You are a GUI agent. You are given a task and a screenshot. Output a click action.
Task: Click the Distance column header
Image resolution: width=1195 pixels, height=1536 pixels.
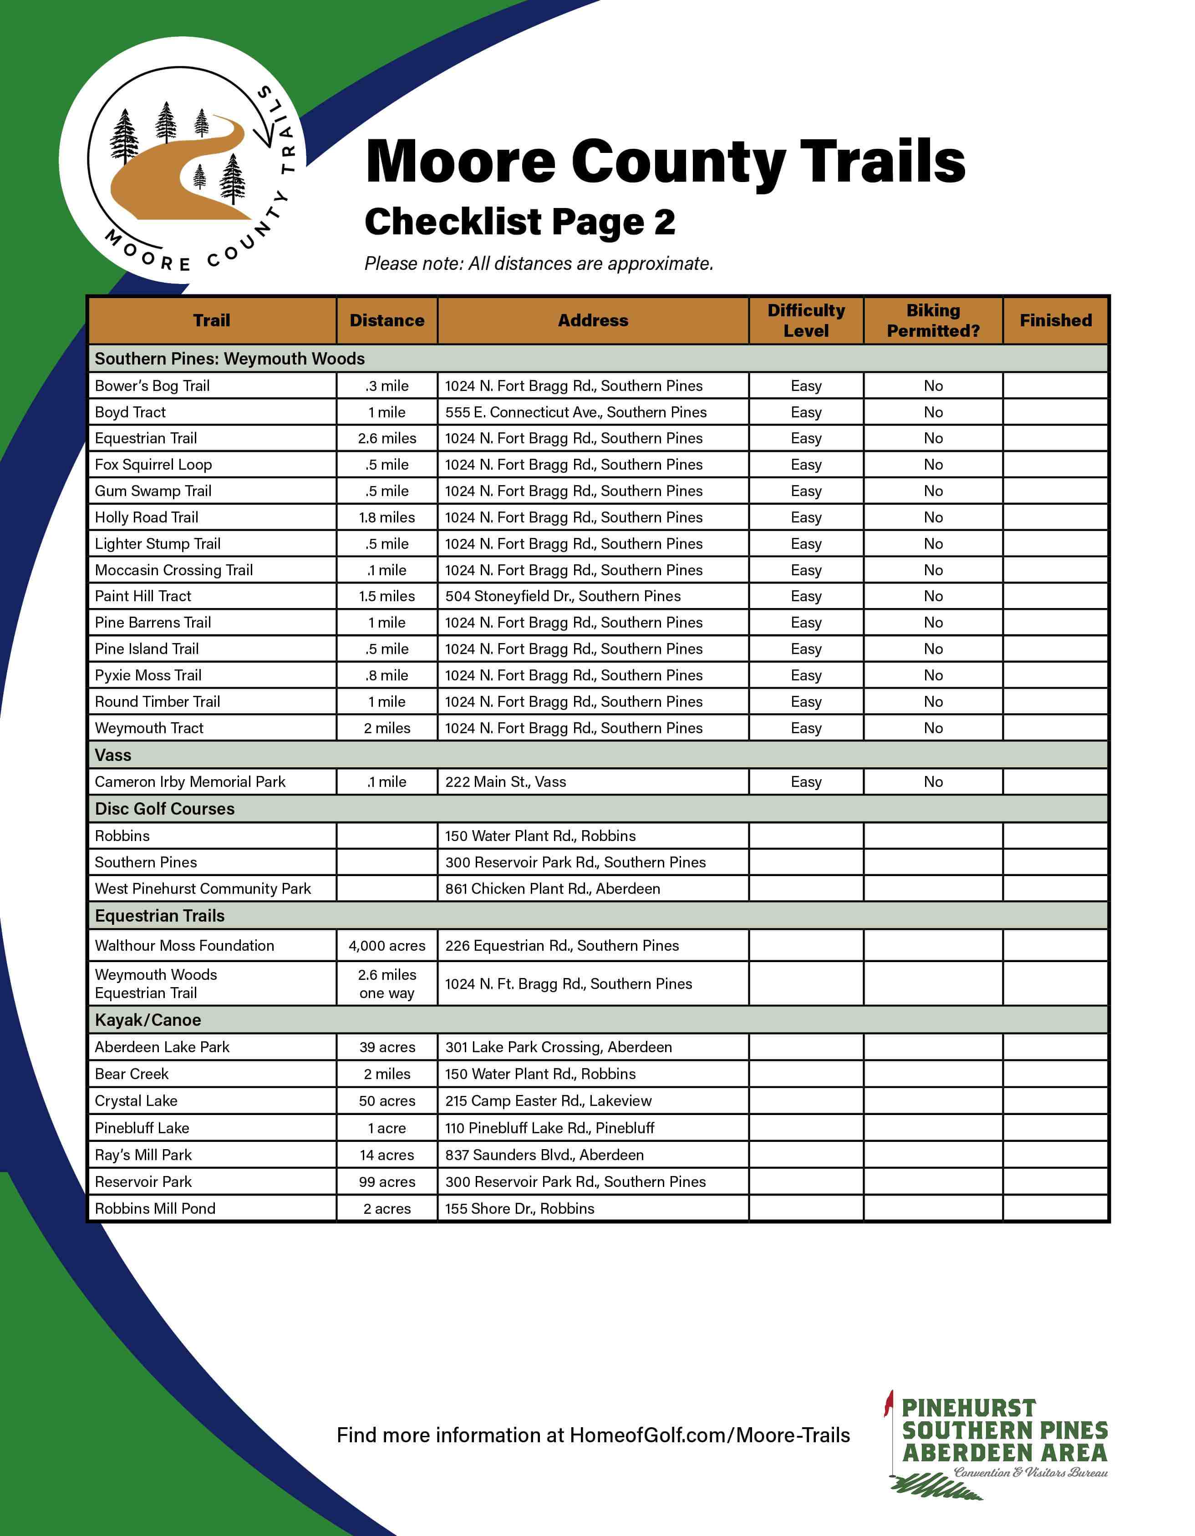[387, 321]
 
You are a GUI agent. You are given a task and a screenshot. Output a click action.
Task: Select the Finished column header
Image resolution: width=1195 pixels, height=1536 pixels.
[1055, 321]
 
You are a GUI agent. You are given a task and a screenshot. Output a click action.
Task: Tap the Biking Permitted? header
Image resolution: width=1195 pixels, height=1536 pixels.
[933, 321]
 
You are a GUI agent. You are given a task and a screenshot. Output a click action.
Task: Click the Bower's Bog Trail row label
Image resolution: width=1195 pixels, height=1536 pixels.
[153, 385]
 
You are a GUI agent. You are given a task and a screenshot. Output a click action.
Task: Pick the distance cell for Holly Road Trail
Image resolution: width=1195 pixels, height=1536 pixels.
[387, 517]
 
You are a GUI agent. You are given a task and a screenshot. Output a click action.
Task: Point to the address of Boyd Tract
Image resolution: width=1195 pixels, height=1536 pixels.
[575, 412]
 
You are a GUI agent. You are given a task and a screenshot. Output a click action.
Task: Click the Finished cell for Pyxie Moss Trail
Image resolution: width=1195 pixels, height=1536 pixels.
[1055, 675]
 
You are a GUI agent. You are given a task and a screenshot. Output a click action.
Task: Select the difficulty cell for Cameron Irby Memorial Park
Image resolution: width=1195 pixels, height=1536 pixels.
[806, 781]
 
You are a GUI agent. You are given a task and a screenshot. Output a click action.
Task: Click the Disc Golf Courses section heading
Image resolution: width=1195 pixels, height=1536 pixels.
[165, 809]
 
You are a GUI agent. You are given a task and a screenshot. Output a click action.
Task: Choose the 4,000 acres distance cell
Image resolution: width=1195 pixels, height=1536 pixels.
[387, 946]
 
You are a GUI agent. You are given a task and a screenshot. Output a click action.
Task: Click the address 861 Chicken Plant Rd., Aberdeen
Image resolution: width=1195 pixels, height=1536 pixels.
[552, 889]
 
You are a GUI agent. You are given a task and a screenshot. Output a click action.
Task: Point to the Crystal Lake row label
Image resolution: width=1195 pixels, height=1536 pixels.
[136, 1100]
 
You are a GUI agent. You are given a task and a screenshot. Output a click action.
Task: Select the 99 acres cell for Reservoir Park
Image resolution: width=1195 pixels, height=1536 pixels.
[387, 1181]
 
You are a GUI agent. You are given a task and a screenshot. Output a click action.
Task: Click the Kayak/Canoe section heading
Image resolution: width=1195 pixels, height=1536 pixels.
[147, 1020]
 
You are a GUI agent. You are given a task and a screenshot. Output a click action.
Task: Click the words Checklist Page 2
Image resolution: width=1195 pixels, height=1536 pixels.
[520, 222]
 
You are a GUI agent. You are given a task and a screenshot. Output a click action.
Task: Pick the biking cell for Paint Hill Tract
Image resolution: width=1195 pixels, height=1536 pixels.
[933, 596]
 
